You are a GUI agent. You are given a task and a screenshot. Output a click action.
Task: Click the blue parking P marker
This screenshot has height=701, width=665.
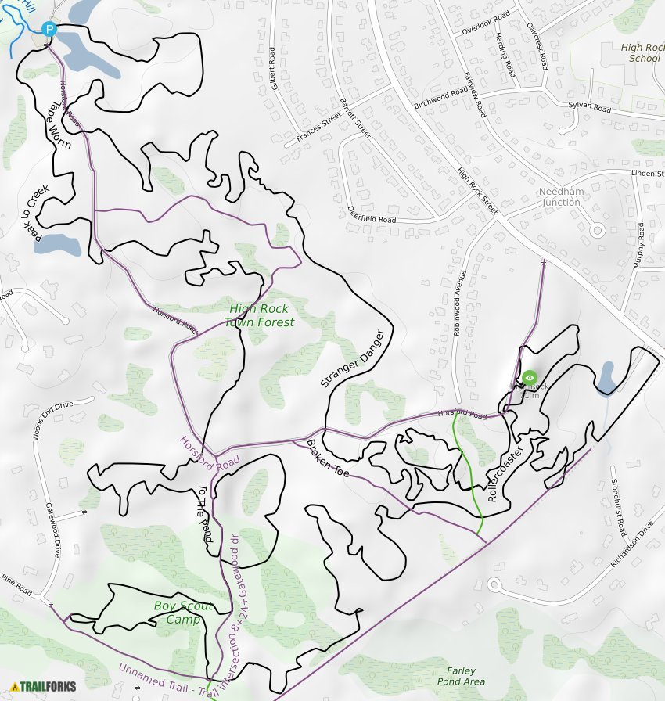[49, 30]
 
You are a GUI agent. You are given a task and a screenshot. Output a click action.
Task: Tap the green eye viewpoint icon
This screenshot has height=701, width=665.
[530, 378]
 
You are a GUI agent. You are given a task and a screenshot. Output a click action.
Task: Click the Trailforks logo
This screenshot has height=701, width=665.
[43, 687]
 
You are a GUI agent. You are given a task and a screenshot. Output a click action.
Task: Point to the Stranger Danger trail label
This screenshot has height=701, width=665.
[354, 358]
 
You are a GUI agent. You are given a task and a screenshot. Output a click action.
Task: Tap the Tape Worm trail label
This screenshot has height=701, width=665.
[60, 125]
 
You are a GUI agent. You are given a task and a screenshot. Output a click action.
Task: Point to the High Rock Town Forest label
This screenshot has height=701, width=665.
[259, 315]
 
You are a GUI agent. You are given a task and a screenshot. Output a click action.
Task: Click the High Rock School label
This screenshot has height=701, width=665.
[645, 52]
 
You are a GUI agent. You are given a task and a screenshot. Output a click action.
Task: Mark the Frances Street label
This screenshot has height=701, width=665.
[318, 129]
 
